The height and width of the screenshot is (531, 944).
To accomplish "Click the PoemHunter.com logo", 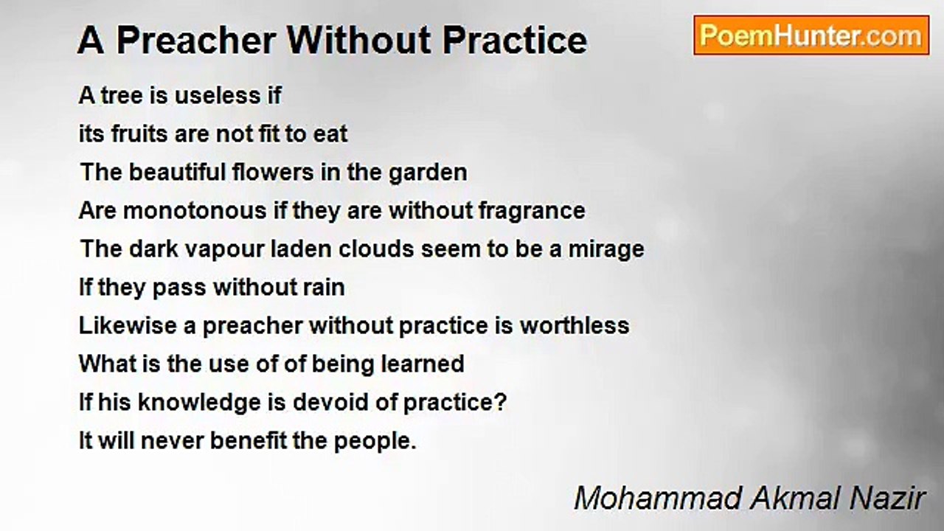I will click(811, 35).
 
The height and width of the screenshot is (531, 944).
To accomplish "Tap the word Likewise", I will click(128, 326).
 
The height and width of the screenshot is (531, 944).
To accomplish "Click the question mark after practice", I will click(502, 403).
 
